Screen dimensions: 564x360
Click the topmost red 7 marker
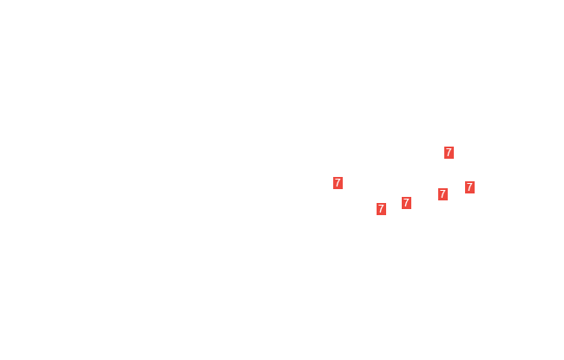click(449, 153)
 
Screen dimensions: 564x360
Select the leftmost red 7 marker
click(338, 183)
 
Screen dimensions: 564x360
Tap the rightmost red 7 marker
click(469, 187)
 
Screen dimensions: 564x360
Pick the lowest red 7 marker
click(381, 209)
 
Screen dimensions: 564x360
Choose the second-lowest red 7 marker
click(406, 203)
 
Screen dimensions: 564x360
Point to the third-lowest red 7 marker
click(443, 194)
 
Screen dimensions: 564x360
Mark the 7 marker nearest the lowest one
click(406, 203)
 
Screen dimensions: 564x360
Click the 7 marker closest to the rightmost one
click(443, 194)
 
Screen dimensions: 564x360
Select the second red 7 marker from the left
click(381, 209)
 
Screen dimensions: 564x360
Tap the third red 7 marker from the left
click(406, 203)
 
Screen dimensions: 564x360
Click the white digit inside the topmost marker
click(449, 153)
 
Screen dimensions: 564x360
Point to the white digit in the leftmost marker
click(338, 183)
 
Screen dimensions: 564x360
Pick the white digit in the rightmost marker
click(469, 187)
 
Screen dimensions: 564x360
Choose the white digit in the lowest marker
click(381, 209)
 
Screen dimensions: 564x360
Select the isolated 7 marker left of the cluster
click(338, 183)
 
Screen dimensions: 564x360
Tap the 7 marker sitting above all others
click(449, 153)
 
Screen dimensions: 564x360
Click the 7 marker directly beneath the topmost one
click(443, 194)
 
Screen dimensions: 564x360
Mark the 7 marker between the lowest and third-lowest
click(406, 203)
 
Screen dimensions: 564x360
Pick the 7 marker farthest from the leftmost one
click(469, 187)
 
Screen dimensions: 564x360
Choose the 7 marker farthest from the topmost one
click(338, 183)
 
